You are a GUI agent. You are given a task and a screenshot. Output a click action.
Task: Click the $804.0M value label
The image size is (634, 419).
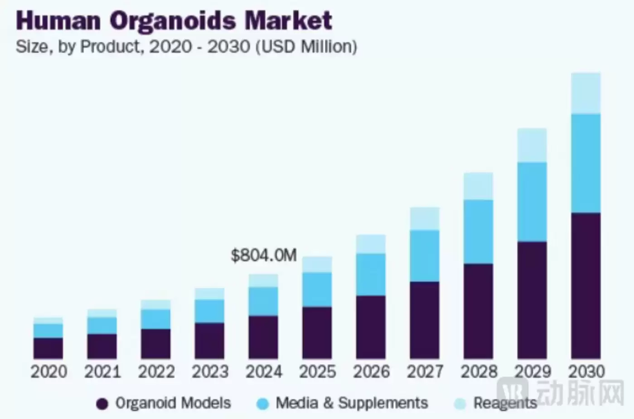pos(264,255)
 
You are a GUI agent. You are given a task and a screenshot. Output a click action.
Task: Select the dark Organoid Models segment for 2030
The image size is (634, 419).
pos(586,285)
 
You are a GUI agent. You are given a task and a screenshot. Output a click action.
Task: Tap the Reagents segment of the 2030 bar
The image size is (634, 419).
pos(586,93)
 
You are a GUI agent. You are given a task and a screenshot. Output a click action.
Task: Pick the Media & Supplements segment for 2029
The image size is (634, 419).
pos(532,202)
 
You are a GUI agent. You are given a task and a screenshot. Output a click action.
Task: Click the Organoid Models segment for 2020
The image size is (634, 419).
pos(48,348)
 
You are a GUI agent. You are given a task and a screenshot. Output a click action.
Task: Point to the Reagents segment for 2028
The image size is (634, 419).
pos(478,186)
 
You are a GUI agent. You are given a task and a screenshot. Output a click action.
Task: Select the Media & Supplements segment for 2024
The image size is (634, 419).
pos(263,301)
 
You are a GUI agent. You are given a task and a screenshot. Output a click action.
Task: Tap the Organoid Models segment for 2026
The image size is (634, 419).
pos(371,327)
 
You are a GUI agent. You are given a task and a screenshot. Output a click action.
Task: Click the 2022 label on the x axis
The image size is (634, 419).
pos(156,372)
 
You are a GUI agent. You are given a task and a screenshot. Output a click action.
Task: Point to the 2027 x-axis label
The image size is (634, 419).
pos(425,372)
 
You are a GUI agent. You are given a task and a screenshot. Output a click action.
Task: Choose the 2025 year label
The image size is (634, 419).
pos(317,372)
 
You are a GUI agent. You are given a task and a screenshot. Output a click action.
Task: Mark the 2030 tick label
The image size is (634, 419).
pos(586,372)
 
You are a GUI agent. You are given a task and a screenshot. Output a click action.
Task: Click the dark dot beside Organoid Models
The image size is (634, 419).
pos(102,404)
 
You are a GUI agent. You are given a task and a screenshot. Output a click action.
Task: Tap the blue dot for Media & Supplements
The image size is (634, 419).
pos(262,404)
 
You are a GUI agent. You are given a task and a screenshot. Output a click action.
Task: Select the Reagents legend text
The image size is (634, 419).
pos(505,403)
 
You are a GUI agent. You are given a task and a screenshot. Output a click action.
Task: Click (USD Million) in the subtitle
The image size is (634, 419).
pos(306,46)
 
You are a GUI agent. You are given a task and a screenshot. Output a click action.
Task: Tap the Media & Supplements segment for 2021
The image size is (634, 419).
pos(102,325)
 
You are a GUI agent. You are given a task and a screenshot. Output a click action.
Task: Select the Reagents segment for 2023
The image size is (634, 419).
pos(209,294)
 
